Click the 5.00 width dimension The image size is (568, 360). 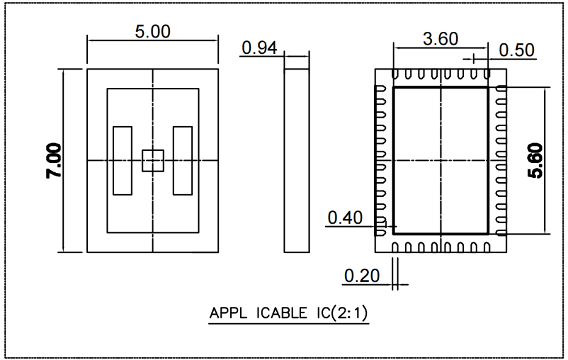(153, 32)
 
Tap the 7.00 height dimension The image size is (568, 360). (54, 161)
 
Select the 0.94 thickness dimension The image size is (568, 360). (259, 48)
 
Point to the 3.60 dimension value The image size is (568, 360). (440, 39)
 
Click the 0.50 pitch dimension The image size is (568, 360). (517, 50)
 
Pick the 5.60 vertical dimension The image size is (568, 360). (536, 161)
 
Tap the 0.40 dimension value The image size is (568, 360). (345, 218)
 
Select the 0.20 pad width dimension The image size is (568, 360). (362, 276)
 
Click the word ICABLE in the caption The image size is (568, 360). (281, 313)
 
